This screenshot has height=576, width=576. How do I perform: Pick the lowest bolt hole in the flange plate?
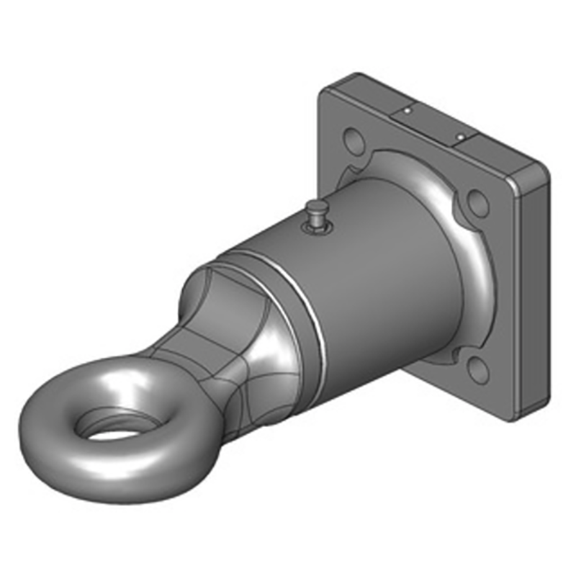pyautogui.click(x=476, y=369)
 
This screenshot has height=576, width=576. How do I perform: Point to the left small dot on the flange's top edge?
pyautogui.click(x=407, y=111)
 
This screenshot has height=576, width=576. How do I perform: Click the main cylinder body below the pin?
pyautogui.click(x=360, y=288)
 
